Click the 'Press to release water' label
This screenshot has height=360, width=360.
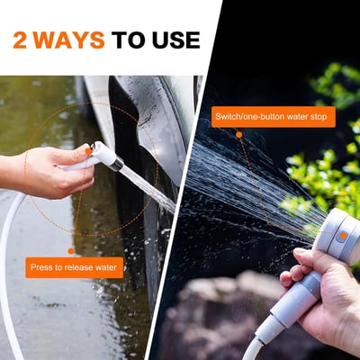(74, 267)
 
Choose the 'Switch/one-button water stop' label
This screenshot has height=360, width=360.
(273, 117)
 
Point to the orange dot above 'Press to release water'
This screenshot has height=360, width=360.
(71, 250)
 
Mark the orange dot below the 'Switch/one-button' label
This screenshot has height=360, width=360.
(238, 135)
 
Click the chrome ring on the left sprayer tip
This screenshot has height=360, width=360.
(117, 164)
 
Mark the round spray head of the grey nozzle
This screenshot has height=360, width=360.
(340, 236)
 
